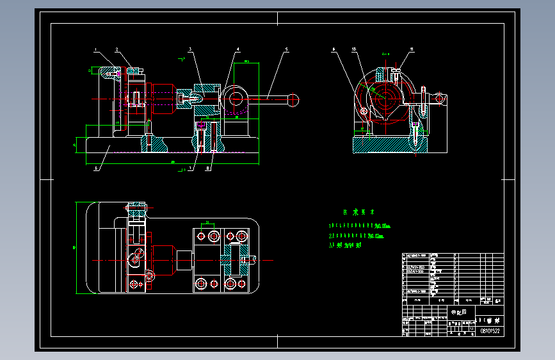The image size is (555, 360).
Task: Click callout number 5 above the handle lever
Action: coord(286,49)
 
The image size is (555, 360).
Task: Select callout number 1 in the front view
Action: coord(95,49)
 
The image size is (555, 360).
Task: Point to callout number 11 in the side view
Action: coord(412,49)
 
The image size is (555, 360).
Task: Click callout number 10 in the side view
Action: coord(353,49)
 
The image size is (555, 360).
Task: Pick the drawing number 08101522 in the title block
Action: coord(490,331)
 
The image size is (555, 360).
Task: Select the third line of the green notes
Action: coord(346,245)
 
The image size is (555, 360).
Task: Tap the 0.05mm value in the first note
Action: coord(382,226)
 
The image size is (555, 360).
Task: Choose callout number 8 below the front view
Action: coord(209,169)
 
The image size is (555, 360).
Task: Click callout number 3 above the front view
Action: coord(190,49)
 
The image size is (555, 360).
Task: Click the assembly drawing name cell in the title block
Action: coord(459,313)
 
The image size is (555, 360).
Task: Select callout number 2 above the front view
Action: coord(117,49)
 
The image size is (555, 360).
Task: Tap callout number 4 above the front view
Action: coord(237,49)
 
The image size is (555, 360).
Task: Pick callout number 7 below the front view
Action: coord(189,169)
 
